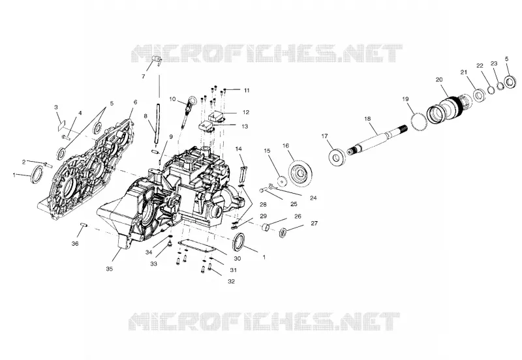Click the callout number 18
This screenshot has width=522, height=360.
pyautogui.click(x=367, y=119)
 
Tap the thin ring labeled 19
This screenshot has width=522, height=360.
pyautogui.click(x=419, y=122)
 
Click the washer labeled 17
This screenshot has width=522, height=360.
pyautogui.click(x=337, y=157)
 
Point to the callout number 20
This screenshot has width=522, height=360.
pyautogui.click(x=439, y=80)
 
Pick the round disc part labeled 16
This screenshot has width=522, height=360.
pyautogui.click(x=301, y=173)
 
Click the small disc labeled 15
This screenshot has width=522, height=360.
pyautogui.click(x=282, y=181)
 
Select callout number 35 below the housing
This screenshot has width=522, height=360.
pyautogui.click(x=109, y=269)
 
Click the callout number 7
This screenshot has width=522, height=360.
pyautogui.click(x=143, y=76)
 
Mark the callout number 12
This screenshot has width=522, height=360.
pyautogui.click(x=246, y=112)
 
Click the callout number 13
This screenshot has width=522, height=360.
pyautogui.click(x=245, y=127)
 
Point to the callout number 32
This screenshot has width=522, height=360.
pyautogui.click(x=231, y=282)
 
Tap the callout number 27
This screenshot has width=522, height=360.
pyautogui.click(x=314, y=223)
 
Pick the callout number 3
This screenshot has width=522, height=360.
pyautogui.click(x=56, y=107)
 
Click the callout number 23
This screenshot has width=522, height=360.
pyautogui.click(x=494, y=63)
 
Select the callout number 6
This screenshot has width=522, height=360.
pyautogui.click(x=135, y=102)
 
